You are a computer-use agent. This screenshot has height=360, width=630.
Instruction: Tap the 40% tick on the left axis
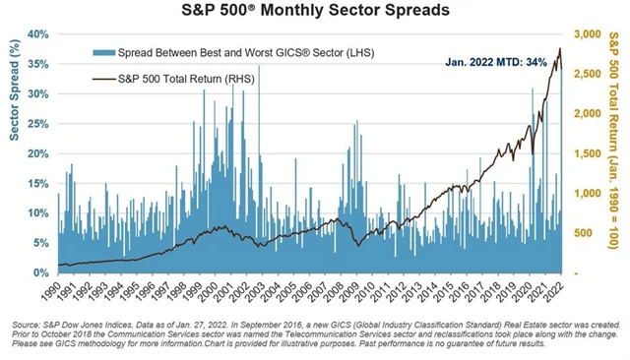[35, 34]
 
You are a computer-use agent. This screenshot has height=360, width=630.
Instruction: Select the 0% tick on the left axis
[39, 273]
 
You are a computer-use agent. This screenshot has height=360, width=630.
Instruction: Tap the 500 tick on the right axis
[581, 233]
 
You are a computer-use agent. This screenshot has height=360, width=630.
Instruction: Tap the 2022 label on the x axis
[556, 290]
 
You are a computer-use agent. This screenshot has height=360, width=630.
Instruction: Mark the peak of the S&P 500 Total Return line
[559, 48]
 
